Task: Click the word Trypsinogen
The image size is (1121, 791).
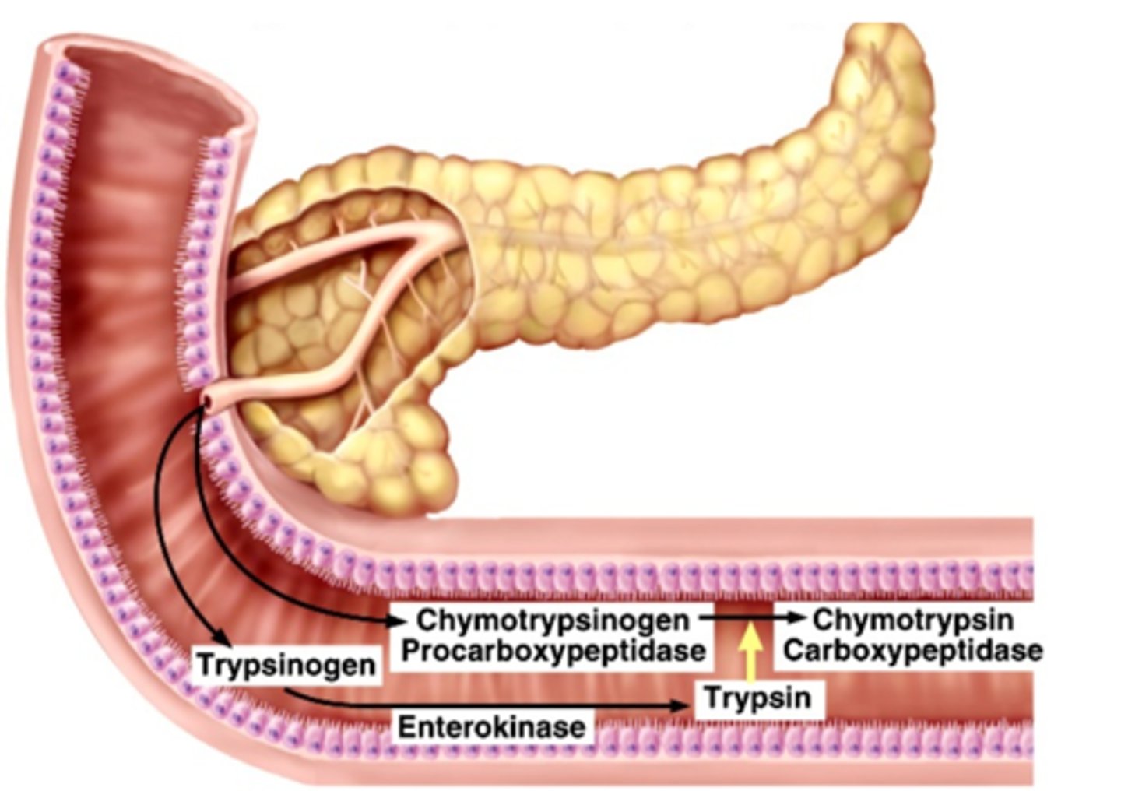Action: [x=286, y=666]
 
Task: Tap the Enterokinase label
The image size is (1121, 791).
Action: [x=491, y=726]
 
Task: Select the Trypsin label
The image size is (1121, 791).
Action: [x=757, y=698]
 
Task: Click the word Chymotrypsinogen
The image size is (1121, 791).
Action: [x=553, y=620]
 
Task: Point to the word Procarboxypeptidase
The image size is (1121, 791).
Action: [x=553, y=650]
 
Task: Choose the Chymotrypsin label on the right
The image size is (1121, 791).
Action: [x=912, y=620]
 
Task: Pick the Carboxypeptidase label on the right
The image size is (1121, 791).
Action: [x=912, y=650]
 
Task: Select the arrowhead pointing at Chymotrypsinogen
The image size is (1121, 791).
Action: [x=399, y=621]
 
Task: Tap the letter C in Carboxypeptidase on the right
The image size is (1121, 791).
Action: [x=792, y=650]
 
